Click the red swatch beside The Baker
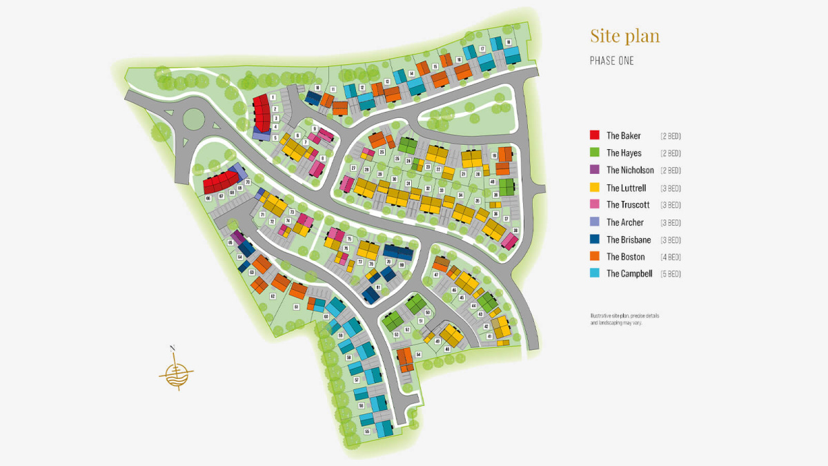[594, 135]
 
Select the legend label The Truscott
[628, 205]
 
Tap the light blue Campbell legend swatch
[594, 274]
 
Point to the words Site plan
[624, 36]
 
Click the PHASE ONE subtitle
[611, 61]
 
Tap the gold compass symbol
[176, 371]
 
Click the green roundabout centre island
[194, 118]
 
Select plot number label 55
[367, 431]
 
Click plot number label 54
[418, 354]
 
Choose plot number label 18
[509, 43]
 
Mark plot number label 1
[273, 98]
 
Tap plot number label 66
[208, 198]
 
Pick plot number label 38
[515, 230]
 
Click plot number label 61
[296, 307]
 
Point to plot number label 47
[436, 275]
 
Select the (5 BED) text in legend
[670, 274]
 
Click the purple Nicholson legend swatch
[594, 170]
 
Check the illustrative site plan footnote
[624, 319]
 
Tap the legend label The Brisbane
[627, 240]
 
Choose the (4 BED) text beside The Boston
[670, 257]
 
